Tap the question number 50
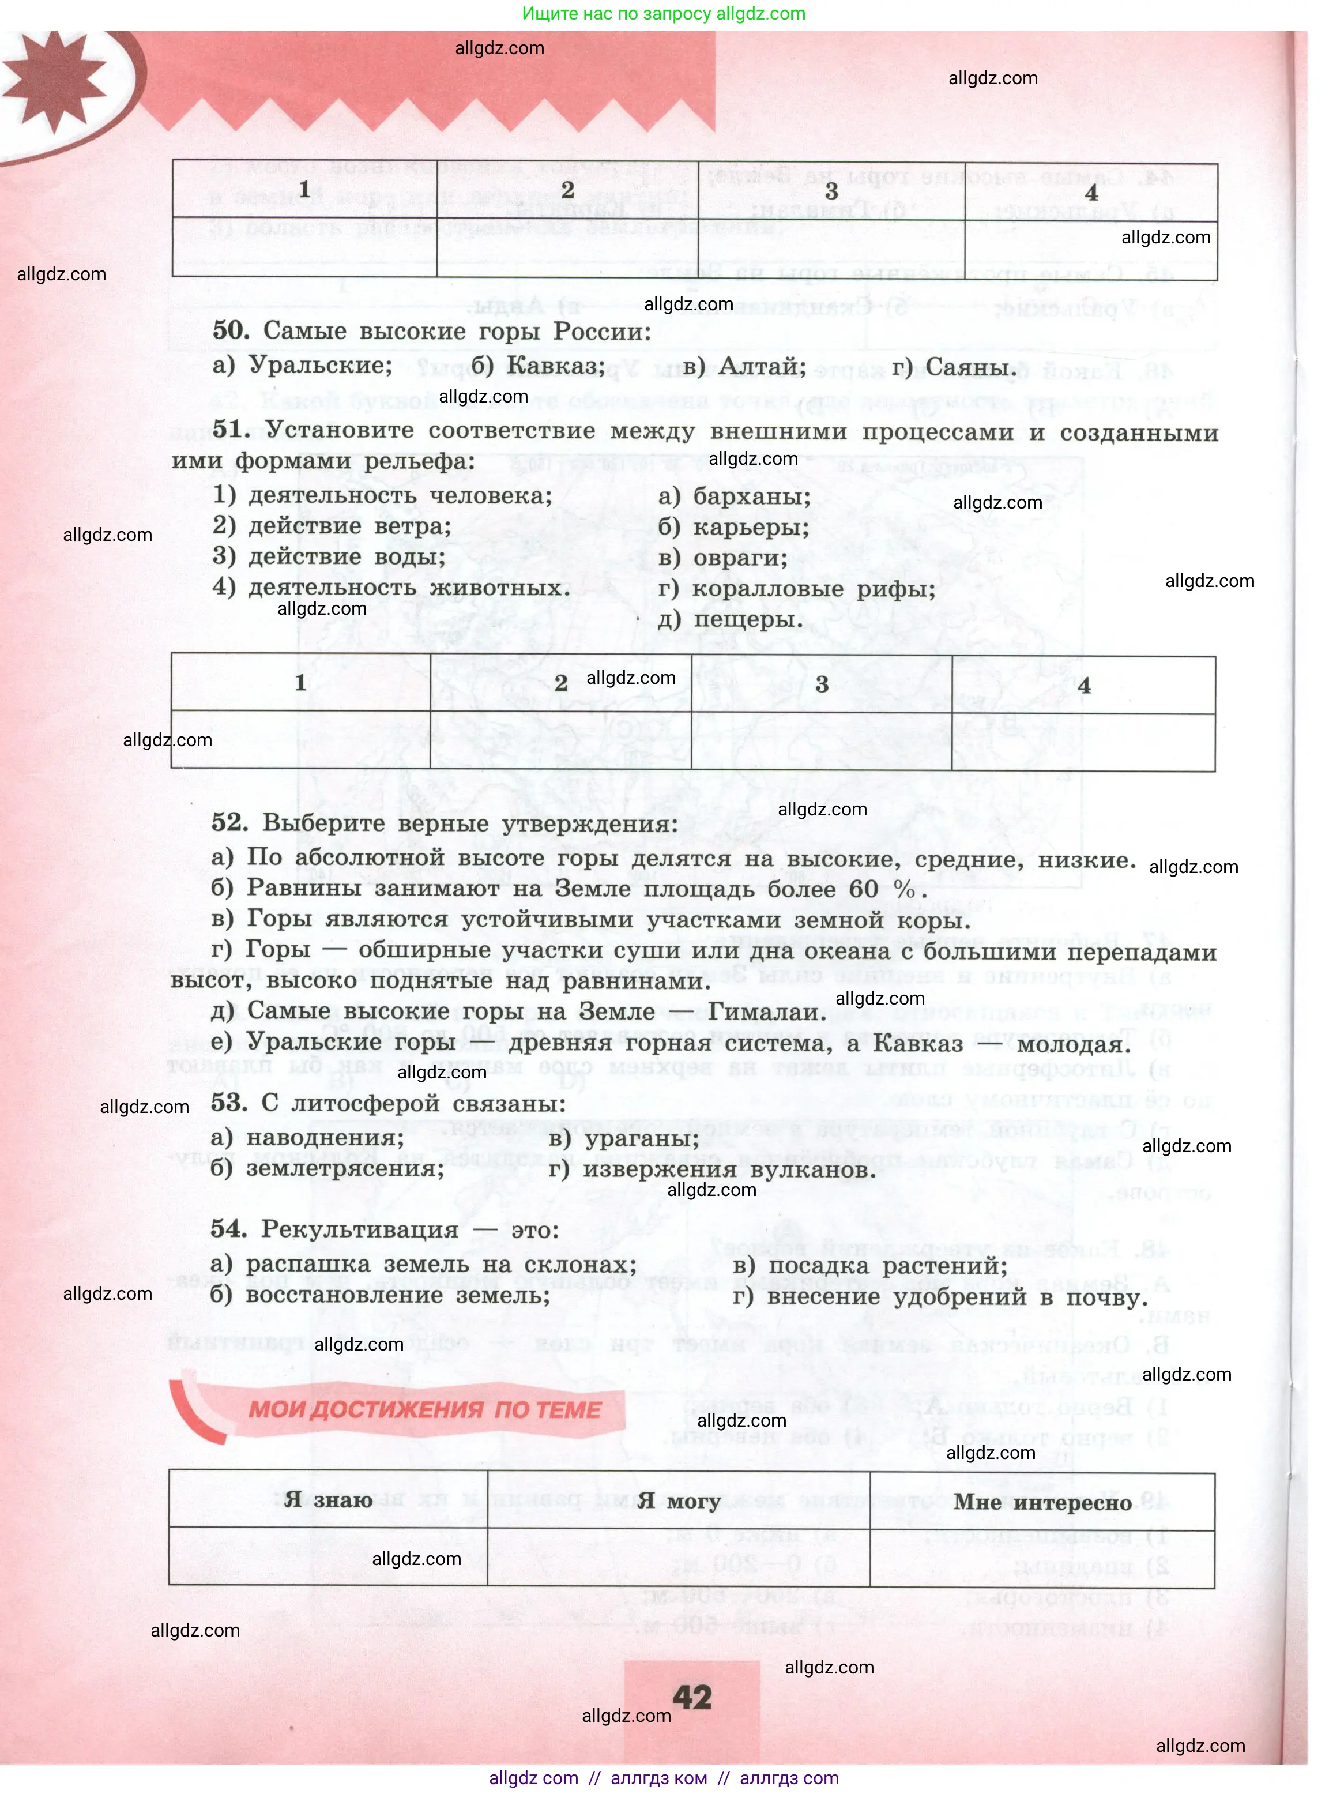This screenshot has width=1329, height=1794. coord(231,330)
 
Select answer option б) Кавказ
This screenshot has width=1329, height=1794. coord(537,366)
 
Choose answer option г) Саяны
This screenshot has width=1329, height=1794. coord(954,368)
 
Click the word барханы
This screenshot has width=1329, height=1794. coord(751,497)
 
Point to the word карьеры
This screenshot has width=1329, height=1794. coord(751,528)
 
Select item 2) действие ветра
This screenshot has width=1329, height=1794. coord(332,526)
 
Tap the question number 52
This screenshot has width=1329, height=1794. coord(229,822)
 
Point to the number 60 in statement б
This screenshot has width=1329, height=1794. coord(863,889)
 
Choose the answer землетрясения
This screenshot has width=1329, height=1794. coord(344,1168)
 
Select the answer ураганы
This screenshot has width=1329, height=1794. coord(641,1138)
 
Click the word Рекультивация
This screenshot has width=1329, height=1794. coord(360,1229)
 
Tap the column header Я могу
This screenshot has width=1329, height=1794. coord(678,1500)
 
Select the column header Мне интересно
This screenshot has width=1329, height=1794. coord(1042,1502)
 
